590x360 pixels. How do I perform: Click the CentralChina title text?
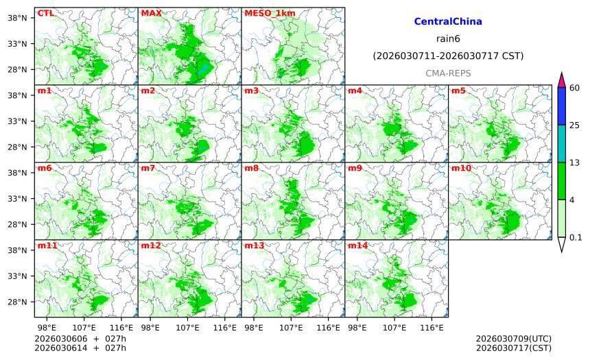(448, 22)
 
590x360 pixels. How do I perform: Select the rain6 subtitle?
(448, 38)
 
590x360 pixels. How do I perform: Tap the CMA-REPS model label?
(448, 73)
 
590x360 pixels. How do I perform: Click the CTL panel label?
(45, 13)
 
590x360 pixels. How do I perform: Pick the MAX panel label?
(151, 13)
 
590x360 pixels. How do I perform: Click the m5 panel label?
(458, 91)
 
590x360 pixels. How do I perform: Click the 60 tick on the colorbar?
(576, 87)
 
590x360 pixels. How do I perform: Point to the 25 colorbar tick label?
(576, 125)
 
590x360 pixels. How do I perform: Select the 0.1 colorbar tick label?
(576, 238)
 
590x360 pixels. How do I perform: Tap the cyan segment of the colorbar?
(561, 143)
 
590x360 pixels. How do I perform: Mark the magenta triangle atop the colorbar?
(561, 80)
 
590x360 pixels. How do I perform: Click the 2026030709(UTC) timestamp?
(513, 339)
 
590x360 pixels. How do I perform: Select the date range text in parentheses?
(448, 56)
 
